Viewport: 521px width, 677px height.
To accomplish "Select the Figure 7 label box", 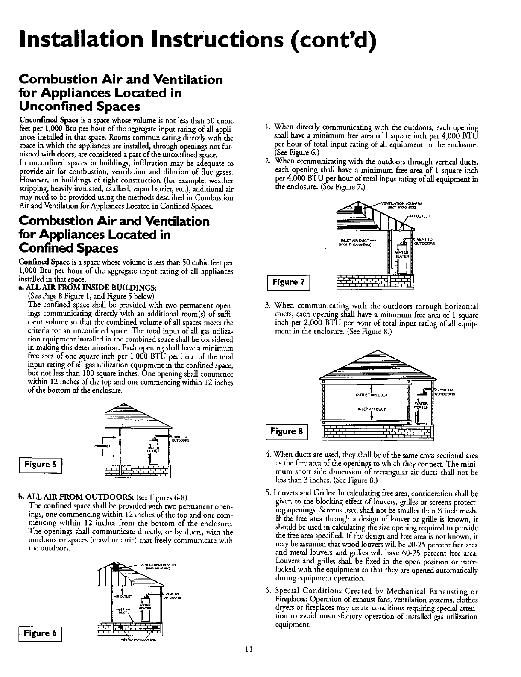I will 290,282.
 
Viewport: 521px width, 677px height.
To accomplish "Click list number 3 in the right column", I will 266,306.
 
